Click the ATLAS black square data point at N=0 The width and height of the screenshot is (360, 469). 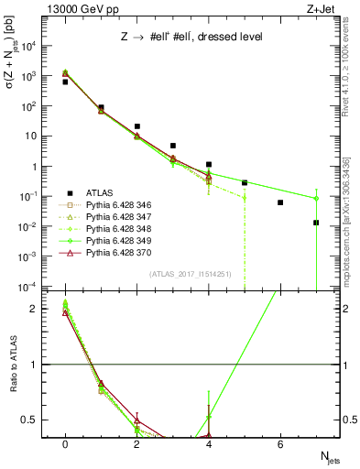point(65,82)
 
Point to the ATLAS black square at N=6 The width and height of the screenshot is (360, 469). point(280,202)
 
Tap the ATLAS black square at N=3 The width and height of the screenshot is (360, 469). point(173,146)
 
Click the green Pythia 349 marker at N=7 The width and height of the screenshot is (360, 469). point(316,198)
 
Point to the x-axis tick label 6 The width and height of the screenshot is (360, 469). point(280,444)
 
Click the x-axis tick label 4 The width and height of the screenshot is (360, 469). point(209,444)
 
